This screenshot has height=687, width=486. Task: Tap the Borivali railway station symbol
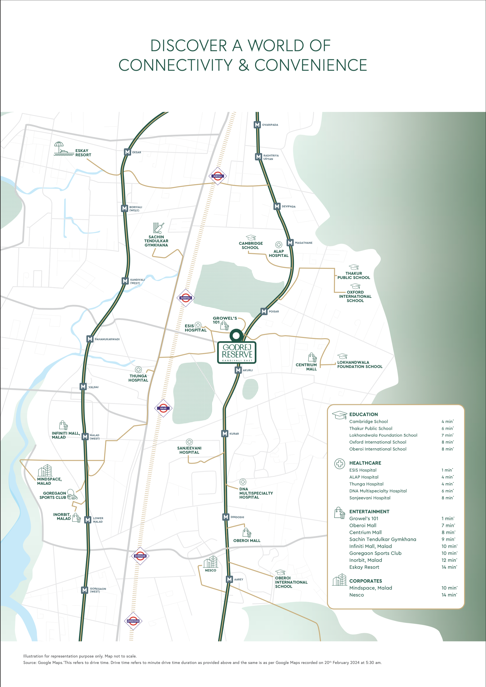pyautogui.click(x=217, y=176)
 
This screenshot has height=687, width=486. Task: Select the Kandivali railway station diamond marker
pyautogui.click(x=186, y=298)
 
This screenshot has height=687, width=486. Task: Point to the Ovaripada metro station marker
pyautogui.click(x=257, y=125)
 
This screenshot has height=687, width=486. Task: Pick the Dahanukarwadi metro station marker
pyautogui.click(x=90, y=339)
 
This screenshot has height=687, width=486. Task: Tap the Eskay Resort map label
pyautogui.click(x=83, y=153)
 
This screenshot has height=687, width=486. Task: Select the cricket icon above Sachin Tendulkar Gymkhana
pyautogui.click(x=158, y=228)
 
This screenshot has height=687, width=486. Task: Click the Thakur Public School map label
pyautogui.click(x=354, y=275)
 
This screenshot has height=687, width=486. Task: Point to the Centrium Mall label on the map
pyautogui.click(x=306, y=367)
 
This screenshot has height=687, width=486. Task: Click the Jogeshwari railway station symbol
pyautogui.click(x=133, y=621)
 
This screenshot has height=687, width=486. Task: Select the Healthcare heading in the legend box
pyautogui.click(x=365, y=463)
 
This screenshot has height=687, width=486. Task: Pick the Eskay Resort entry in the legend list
pyautogui.click(x=364, y=567)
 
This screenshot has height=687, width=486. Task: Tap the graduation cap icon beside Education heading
pyautogui.click(x=339, y=415)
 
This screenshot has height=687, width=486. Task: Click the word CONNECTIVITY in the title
pyautogui.click(x=176, y=65)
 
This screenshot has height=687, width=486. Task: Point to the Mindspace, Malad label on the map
pyautogui.click(x=49, y=481)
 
